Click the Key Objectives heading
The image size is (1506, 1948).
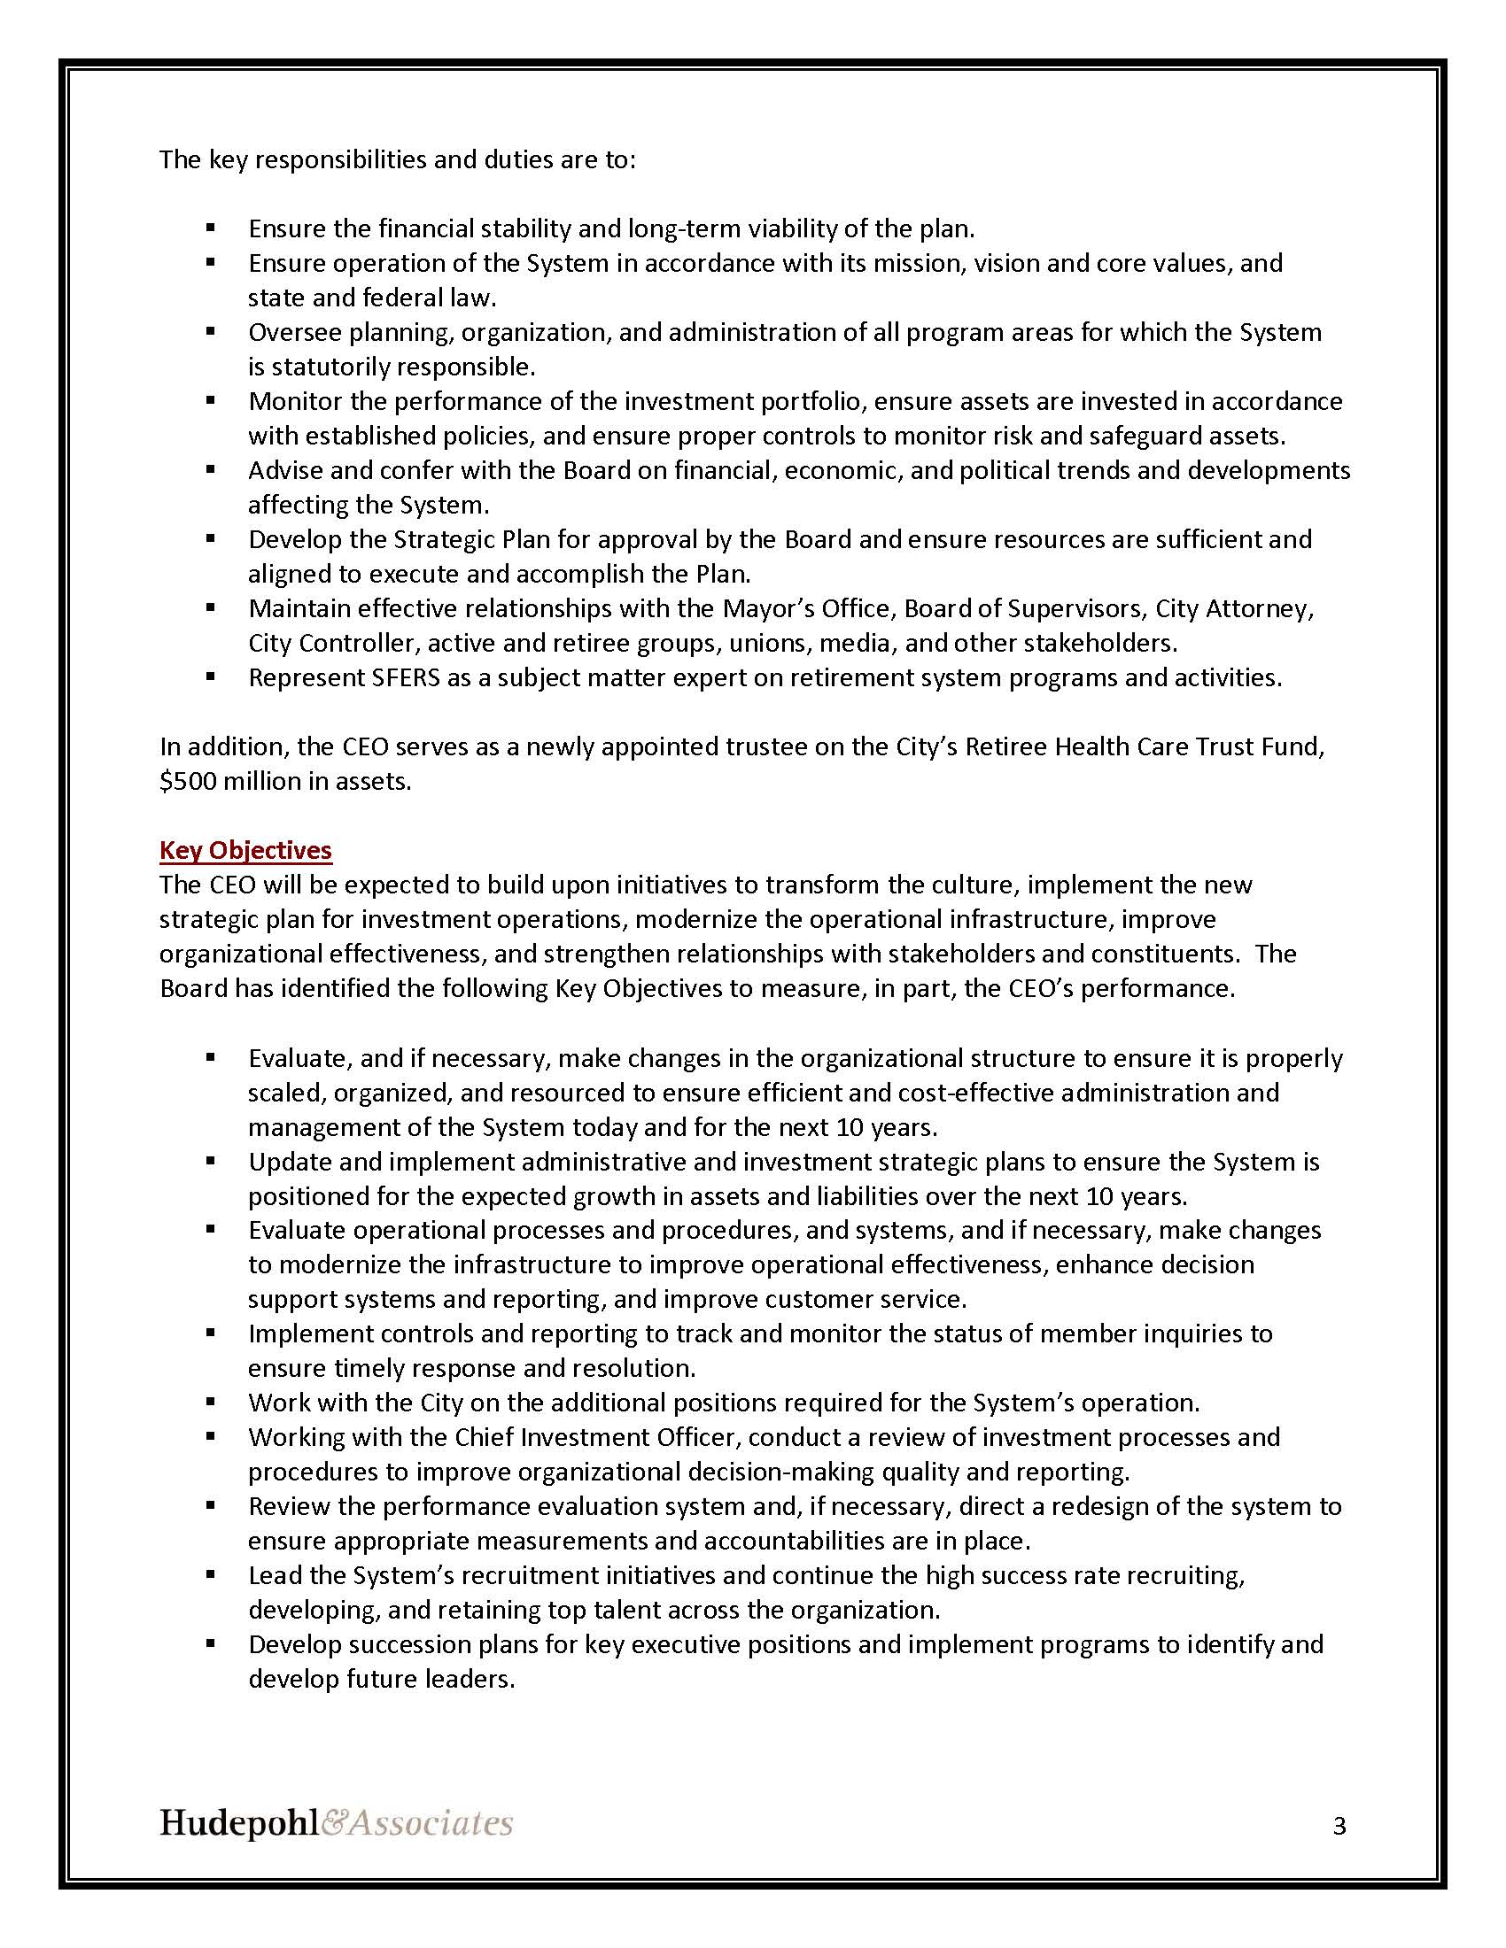point(245,850)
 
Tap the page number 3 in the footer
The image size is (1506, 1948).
point(1339,1826)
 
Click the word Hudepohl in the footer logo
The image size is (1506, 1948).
point(238,1822)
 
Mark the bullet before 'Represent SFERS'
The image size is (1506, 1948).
point(211,677)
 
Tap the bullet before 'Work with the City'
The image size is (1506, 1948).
point(211,1403)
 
